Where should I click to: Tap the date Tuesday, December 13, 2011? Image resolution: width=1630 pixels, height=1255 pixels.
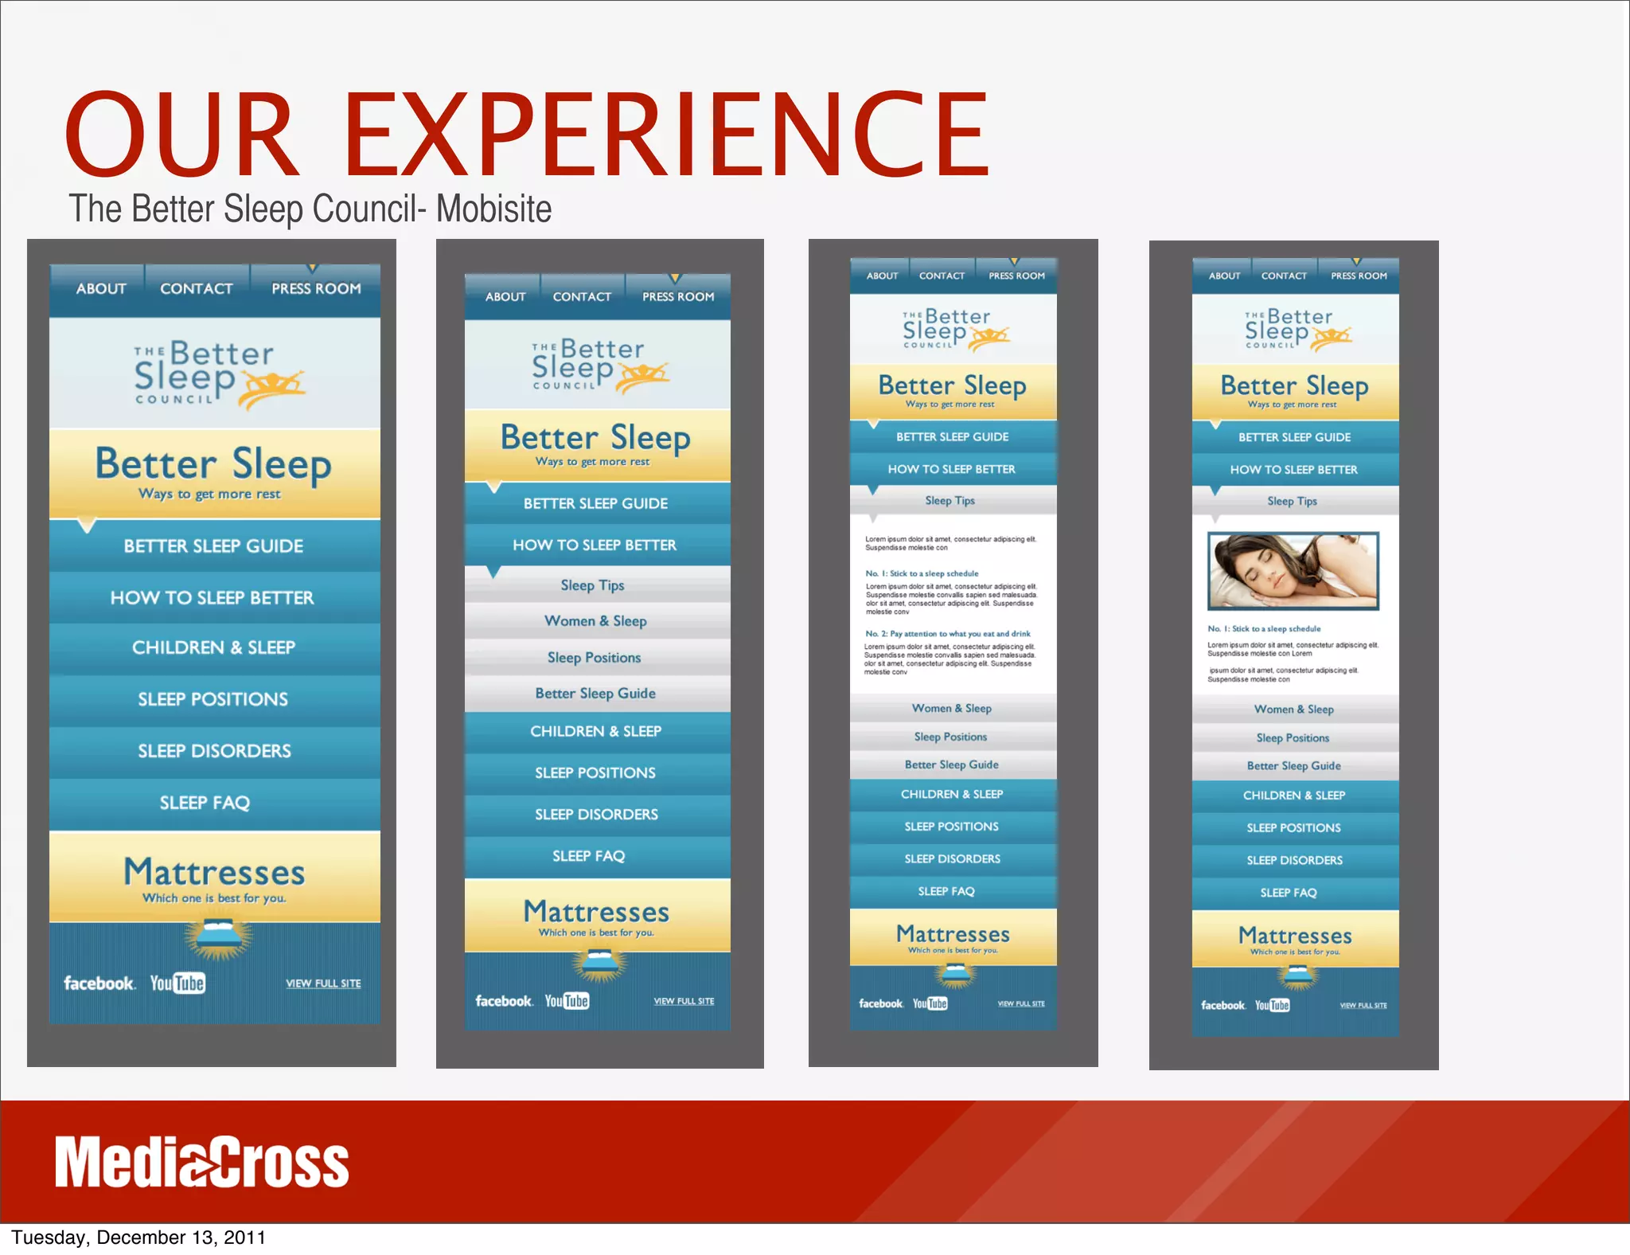click(138, 1237)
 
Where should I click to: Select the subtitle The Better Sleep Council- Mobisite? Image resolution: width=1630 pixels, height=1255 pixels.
click(310, 209)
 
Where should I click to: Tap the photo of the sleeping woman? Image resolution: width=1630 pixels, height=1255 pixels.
click(1293, 571)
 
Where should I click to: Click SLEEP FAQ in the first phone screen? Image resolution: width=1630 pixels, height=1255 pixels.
click(205, 803)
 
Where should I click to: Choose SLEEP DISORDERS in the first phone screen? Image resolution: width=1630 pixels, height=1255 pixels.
click(214, 751)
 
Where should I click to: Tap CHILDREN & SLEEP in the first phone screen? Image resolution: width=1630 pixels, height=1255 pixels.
click(213, 647)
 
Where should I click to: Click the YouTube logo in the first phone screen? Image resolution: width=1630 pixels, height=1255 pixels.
click(177, 983)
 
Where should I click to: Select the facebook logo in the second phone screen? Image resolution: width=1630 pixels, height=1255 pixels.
click(504, 1001)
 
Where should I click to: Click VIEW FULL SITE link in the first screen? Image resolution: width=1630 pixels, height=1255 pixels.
click(323, 983)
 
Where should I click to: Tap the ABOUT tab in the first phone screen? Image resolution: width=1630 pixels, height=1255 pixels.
click(101, 289)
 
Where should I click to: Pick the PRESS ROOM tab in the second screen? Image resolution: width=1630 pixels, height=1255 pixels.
click(678, 297)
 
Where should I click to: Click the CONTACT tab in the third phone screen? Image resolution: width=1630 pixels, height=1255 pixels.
click(942, 276)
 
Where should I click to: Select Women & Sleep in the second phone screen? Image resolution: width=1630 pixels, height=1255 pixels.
click(595, 621)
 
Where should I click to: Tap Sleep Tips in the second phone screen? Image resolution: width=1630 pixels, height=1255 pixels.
click(592, 585)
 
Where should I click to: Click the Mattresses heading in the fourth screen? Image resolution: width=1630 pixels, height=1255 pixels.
click(1295, 936)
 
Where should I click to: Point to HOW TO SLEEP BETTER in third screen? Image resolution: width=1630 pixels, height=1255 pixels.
click(951, 469)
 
